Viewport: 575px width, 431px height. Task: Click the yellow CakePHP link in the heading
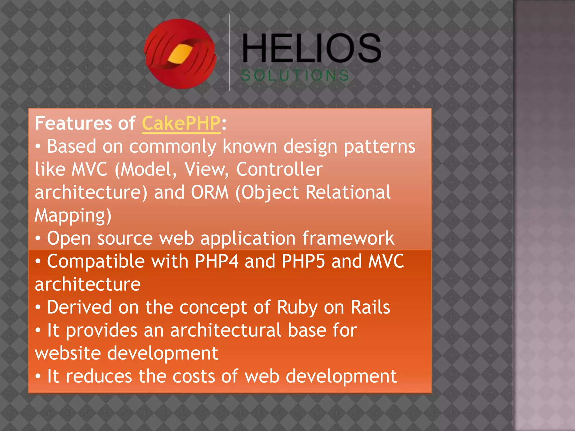click(x=181, y=123)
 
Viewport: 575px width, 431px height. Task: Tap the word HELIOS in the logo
click(x=311, y=48)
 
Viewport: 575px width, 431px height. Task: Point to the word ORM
click(x=210, y=192)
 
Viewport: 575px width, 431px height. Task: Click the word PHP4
click(x=216, y=261)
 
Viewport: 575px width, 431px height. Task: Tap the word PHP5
click(x=303, y=261)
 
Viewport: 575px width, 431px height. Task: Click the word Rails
click(x=370, y=307)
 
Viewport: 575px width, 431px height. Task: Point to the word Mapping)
click(x=73, y=215)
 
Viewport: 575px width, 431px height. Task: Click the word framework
click(x=348, y=238)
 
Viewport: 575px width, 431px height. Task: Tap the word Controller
click(x=279, y=169)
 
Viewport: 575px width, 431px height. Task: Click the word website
click(x=68, y=353)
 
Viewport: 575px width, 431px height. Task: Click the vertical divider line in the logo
click(x=229, y=53)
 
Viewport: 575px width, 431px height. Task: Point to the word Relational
click(x=348, y=192)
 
